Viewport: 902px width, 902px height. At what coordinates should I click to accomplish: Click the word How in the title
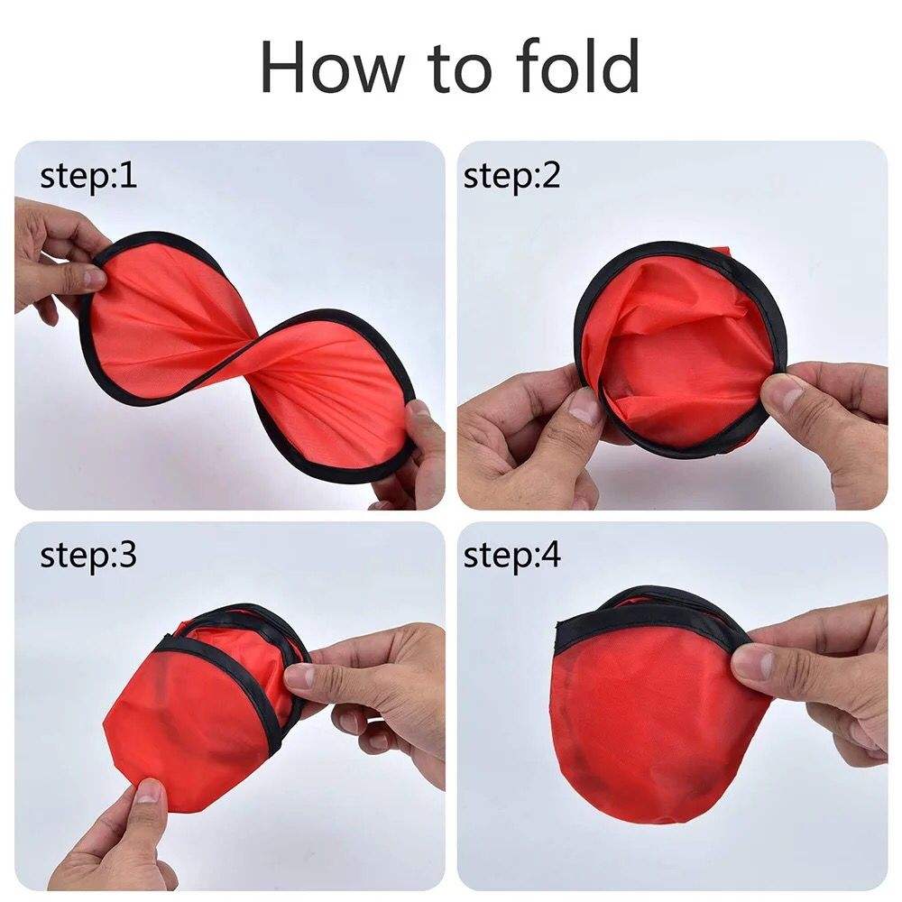click(326, 68)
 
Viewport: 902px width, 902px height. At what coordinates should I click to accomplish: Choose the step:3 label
click(88, 555)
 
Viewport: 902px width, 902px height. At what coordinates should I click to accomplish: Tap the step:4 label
click(511, 555)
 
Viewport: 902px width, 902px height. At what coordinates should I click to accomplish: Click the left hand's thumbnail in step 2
click(586, 408)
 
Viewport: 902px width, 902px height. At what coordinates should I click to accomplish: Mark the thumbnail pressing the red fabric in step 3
click(147, 794)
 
